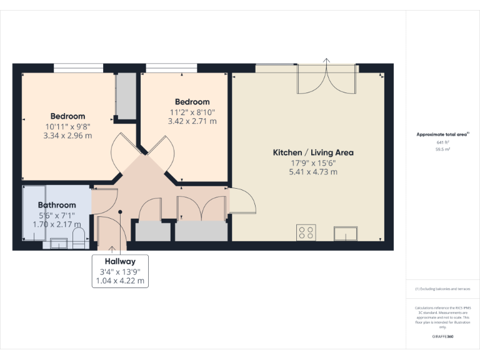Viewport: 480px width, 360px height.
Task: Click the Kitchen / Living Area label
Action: [x=313, y=152]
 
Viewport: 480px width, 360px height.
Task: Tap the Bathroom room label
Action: [x=57, y=205]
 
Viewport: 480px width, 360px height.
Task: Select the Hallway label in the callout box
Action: [x=120, y=261]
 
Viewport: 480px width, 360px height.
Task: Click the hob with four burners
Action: [x=307, y=232]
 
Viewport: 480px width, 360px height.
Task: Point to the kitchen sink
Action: [x=345, y=234]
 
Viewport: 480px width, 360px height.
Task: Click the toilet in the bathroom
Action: [x=79, y=236]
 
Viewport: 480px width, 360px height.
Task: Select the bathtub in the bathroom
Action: [x=34, y=213]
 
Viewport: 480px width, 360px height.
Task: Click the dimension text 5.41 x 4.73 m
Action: [x=313, y=172]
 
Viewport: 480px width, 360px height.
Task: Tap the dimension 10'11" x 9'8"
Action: [x=67, y=126]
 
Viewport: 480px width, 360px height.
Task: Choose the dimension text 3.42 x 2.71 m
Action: [x=192, y=121]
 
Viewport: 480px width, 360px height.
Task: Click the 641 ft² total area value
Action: [x=442, y=142]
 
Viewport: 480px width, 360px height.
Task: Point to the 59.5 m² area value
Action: [x=442, y=150]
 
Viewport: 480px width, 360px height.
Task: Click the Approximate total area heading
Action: [x=442, y=134]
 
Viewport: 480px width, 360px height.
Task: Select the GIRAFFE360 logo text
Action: [x=442, y=336]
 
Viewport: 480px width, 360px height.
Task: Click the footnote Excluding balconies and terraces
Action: [x=442, y=289]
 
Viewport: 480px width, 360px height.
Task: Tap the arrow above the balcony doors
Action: [x=326, y=61]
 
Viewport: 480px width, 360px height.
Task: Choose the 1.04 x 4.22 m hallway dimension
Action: [x=120, y=281]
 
